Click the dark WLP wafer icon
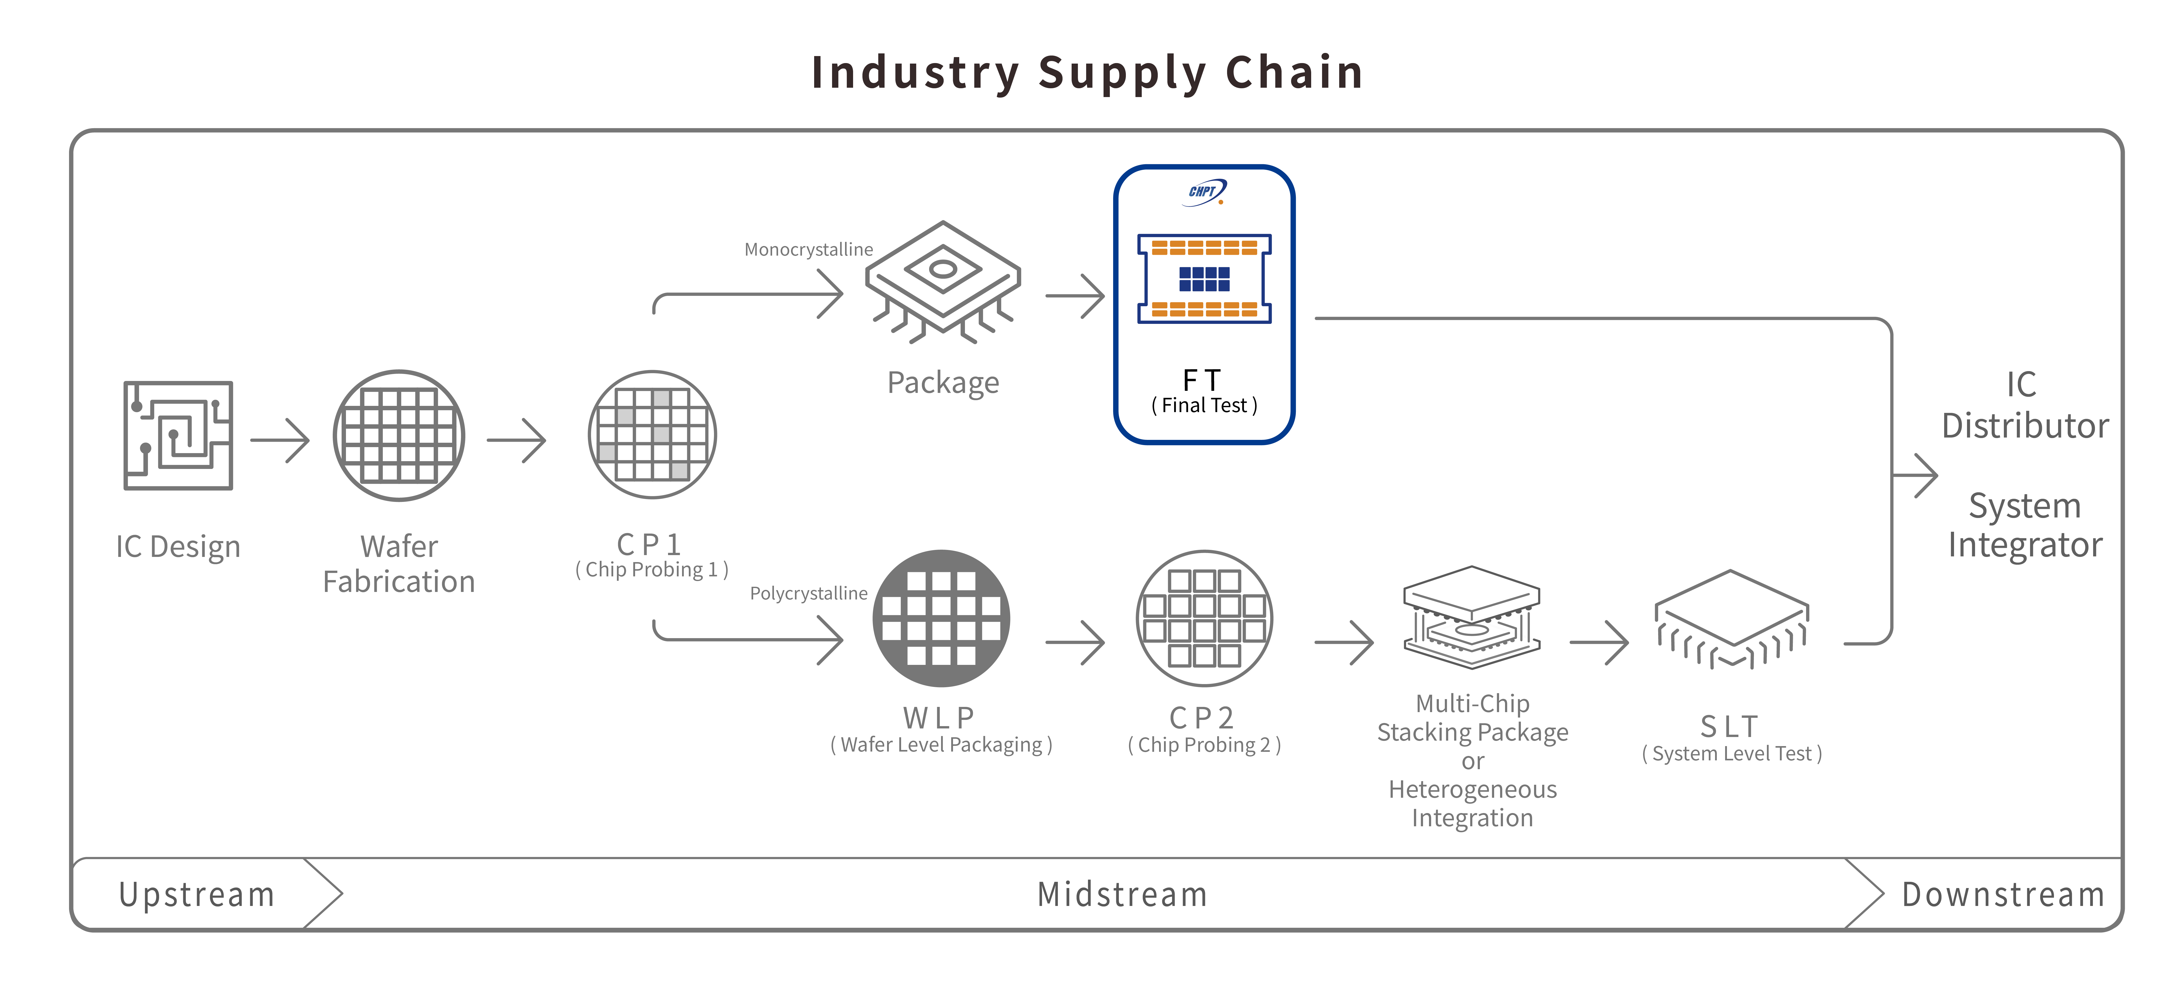941,618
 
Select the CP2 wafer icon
1204,618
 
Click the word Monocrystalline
808,249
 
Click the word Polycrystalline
808,593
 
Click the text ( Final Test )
1204,406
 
